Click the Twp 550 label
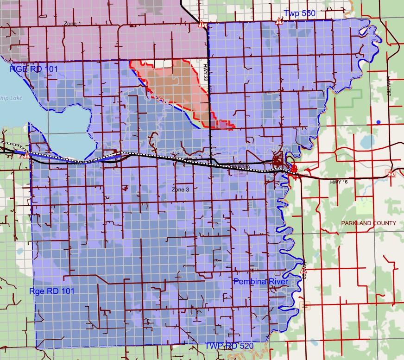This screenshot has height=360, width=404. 299,13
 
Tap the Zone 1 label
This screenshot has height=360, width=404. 72,23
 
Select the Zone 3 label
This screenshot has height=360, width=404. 181,189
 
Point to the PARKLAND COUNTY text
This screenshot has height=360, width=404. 368,223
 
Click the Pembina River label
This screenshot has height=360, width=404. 260,282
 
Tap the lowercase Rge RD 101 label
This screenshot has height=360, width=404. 51,291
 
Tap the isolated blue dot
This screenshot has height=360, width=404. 379,122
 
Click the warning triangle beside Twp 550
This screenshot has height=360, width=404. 279,21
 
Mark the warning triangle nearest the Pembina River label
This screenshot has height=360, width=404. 303,270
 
